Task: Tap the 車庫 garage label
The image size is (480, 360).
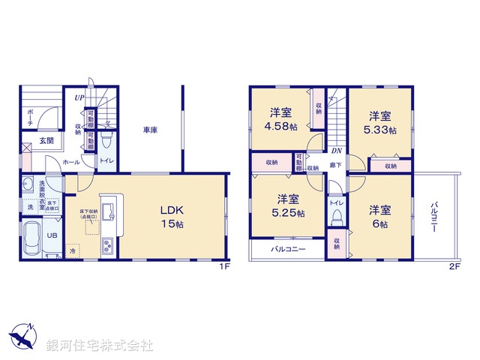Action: (151, 130)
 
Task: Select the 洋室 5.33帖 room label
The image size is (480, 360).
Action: (379, 123)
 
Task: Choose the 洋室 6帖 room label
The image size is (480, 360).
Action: (379, 217)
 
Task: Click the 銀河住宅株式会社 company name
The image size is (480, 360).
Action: (100, 346)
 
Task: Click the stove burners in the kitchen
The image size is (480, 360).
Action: (107, 245)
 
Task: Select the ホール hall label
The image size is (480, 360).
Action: (70, 161)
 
